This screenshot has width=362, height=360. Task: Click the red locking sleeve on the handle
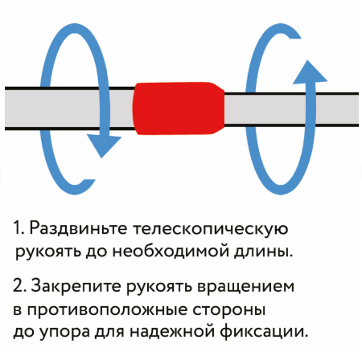click(179, 108)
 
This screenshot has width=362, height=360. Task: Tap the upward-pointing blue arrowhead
click(310, 72)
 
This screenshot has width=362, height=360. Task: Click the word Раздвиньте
click(78, 228)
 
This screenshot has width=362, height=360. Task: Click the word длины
click(263, 252)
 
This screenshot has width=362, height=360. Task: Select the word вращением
click(245, 287)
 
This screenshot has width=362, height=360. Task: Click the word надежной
click(172, 332)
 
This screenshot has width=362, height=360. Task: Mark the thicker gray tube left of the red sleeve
click(69, 108)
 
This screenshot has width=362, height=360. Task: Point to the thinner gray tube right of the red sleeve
click(291, 108)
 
